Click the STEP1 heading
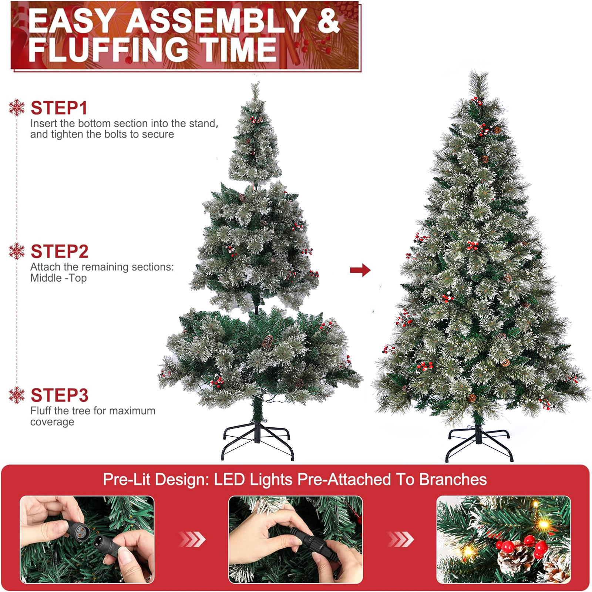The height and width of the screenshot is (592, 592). point(59,108)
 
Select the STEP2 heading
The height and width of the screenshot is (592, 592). point(60,252)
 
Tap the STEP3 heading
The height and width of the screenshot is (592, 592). point(60,395)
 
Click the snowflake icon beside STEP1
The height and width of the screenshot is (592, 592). point(17,108)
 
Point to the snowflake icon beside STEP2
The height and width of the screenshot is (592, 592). point(17,251)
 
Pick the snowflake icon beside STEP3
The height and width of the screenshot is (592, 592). point(17,395)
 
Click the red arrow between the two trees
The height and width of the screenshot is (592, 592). point(360,270)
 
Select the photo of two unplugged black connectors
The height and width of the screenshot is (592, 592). point(87,540)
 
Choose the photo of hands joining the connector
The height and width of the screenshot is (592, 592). point(296,540)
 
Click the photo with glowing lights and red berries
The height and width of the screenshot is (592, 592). point(504,540)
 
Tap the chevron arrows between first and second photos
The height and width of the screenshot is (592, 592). point(192,539)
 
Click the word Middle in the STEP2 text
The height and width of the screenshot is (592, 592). point(46,278)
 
